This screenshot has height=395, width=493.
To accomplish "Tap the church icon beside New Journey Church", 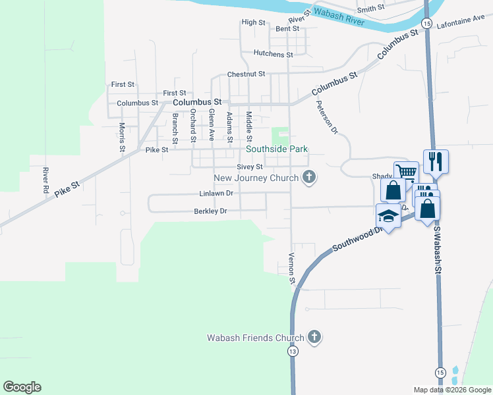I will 308,176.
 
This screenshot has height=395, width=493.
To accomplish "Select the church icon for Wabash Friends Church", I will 314,337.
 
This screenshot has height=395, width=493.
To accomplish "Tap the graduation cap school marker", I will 388,216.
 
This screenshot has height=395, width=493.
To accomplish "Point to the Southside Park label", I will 277,149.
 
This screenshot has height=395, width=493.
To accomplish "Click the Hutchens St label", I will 273,54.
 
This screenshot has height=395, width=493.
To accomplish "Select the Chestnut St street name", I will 246,74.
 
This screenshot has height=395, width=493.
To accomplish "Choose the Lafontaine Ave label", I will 465,21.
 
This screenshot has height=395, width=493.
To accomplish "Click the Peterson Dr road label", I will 326,117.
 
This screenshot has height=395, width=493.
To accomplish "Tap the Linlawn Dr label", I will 216,194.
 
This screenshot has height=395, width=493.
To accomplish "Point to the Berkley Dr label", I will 210,211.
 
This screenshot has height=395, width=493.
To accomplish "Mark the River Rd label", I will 46,180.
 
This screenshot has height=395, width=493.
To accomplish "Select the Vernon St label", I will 291,269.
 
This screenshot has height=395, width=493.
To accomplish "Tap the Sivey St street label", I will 250,167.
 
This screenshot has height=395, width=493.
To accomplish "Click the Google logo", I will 22,387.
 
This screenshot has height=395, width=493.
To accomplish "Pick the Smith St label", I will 371,8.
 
